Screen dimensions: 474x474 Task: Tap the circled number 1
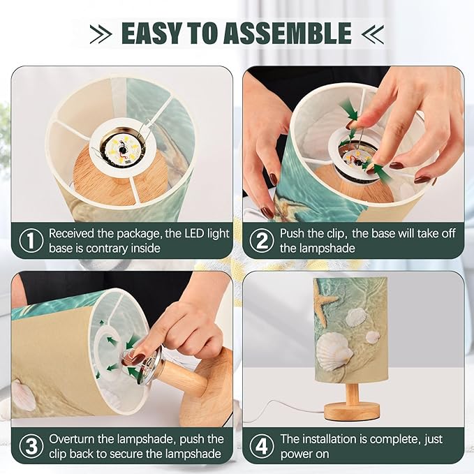click(x=31, y=241)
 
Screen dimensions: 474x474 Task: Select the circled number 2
click(x=262, y=241)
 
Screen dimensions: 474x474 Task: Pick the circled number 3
click(x=31, y=446)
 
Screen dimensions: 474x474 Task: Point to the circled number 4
click(x=262, y=446)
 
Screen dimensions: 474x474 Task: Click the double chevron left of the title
click(x=101, y=34)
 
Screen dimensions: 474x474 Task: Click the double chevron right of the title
click(x=373, y=34)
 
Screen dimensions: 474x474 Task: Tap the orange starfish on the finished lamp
click(x=323, y=300)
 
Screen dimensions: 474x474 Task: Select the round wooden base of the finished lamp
click(x=352, y=411)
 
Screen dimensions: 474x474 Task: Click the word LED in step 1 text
click(x=194, y=234)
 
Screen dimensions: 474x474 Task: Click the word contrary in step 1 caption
click(x=107, y=249)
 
